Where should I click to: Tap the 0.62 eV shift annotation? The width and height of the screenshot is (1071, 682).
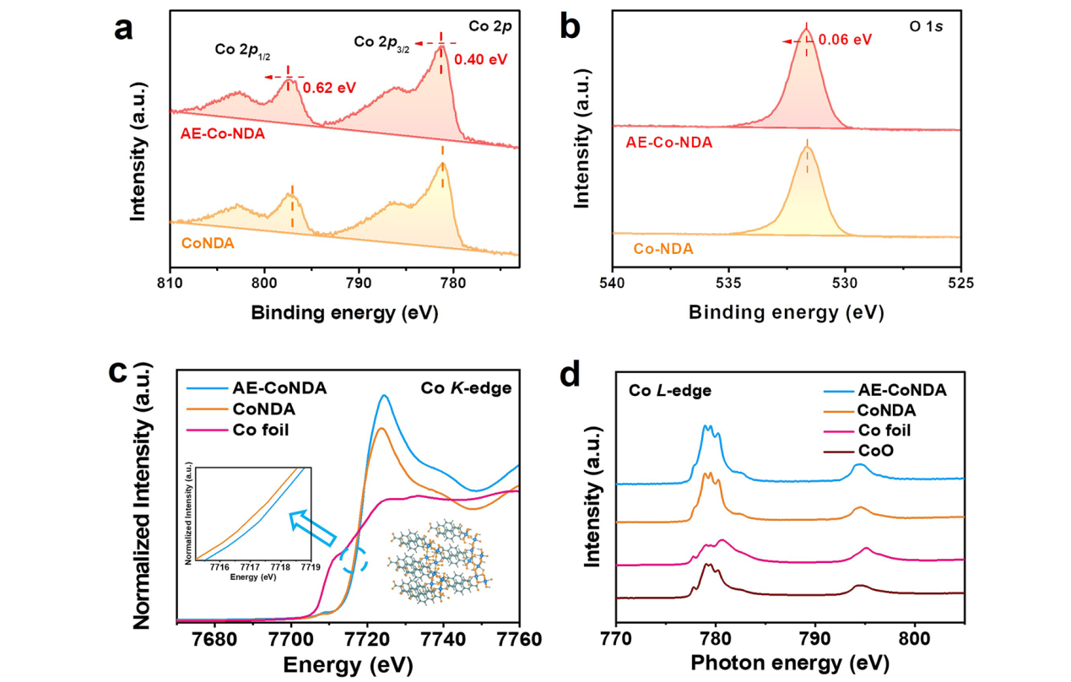click(328, 86)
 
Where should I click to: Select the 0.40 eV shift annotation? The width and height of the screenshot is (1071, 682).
click(480, 61)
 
